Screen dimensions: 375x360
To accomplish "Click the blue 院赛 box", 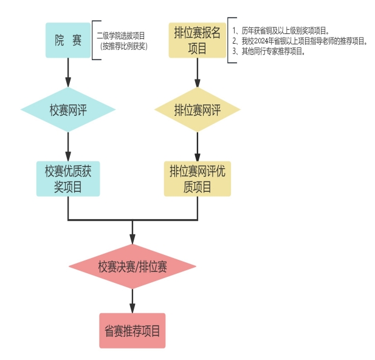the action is coord(68,40).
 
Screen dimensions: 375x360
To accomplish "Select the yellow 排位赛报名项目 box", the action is coord(198,40).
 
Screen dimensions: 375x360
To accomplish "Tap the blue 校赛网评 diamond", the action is coord(68,109).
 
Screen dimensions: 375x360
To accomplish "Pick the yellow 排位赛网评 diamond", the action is coord(198,109).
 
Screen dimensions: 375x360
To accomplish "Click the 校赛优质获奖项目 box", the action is coord(68,178).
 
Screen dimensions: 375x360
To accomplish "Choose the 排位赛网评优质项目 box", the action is coord(198,178).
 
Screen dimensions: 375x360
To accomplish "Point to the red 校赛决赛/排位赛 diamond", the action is coord(132,267).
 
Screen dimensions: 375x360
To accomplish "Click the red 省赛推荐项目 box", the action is coord(132,331).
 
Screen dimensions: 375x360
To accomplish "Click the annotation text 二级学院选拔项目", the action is coord(121,36).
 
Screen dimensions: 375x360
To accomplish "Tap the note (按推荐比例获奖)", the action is coord(123,46).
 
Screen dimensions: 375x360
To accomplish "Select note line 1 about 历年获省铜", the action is coord(281,30).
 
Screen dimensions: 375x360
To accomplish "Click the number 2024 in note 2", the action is coord(261,41).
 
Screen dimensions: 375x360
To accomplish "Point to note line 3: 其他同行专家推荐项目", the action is coord(269,52).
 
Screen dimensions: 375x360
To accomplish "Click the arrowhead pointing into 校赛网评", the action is coord(68,82).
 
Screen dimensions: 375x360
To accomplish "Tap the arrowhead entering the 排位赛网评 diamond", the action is coord(198,82).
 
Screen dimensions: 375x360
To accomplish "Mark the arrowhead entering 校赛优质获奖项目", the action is coord(68,157).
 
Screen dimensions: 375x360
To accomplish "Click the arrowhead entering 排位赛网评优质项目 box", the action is coord(198,157).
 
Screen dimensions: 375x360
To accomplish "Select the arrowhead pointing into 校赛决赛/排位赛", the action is coord(132,239).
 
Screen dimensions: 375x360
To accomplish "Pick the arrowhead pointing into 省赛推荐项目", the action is coord(132,308).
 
